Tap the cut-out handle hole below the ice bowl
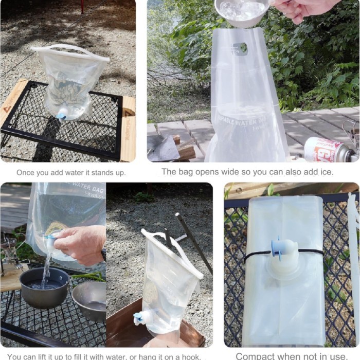point(240,49)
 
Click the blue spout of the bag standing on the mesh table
point(62,116)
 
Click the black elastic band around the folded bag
point(257,254)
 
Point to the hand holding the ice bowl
point(301,9)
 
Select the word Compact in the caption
point(256,356)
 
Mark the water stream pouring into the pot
point(47,270)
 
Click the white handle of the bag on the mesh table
point(69,49)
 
